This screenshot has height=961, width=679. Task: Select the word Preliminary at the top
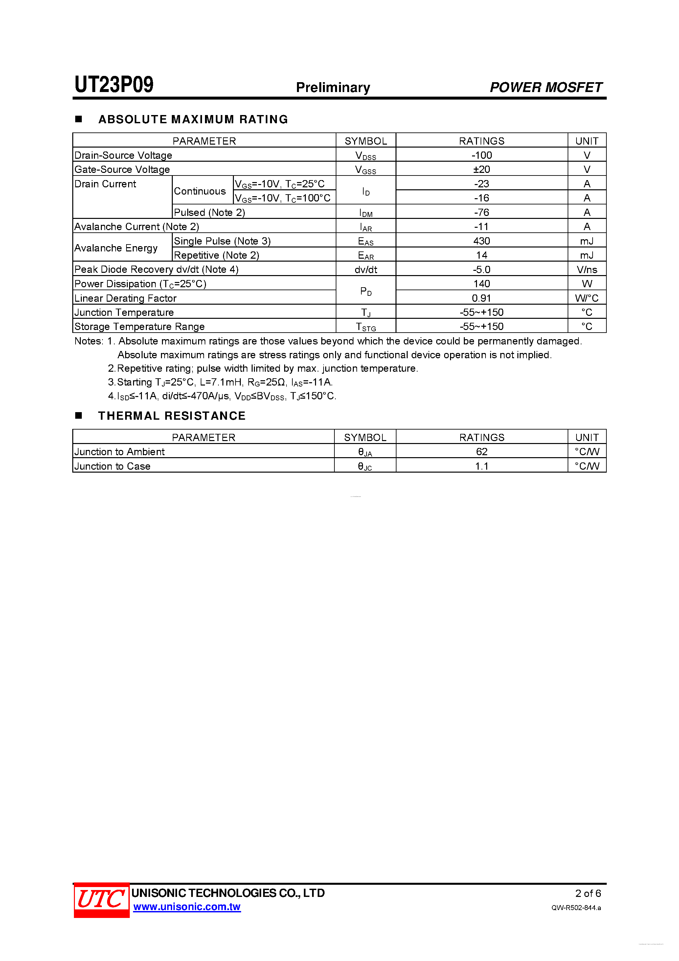[x=333, y=87]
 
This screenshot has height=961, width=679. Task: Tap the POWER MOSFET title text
[x=546, y=87]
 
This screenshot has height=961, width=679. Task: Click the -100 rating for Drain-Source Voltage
[x=482, y=155]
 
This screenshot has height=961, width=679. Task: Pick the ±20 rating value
[x=482, y=170]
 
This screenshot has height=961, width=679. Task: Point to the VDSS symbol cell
[x=366, y=156]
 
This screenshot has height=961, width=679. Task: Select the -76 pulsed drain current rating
[x=482, y=213]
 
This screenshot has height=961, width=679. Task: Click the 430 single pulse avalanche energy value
[x=482, y=241]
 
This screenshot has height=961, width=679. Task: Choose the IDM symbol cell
[x=366, y=213]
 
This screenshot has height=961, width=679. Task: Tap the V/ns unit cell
[x=587, y=270]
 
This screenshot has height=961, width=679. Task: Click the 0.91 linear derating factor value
[x=482, y=298]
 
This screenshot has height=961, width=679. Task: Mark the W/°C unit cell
[x=587, y=298]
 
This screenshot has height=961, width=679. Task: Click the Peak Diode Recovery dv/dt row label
[x=156, y=270]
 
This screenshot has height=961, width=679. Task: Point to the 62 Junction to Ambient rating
[x=482, y=452]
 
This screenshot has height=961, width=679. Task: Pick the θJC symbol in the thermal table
[x=365, y=466]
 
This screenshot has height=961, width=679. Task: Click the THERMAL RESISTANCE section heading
[x=171, y=416]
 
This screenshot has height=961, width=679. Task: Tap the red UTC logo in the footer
[x=101, y=900]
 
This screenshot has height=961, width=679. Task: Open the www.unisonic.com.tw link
[x=187, y=907]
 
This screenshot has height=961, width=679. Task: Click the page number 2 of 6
[x=588, y=893]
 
